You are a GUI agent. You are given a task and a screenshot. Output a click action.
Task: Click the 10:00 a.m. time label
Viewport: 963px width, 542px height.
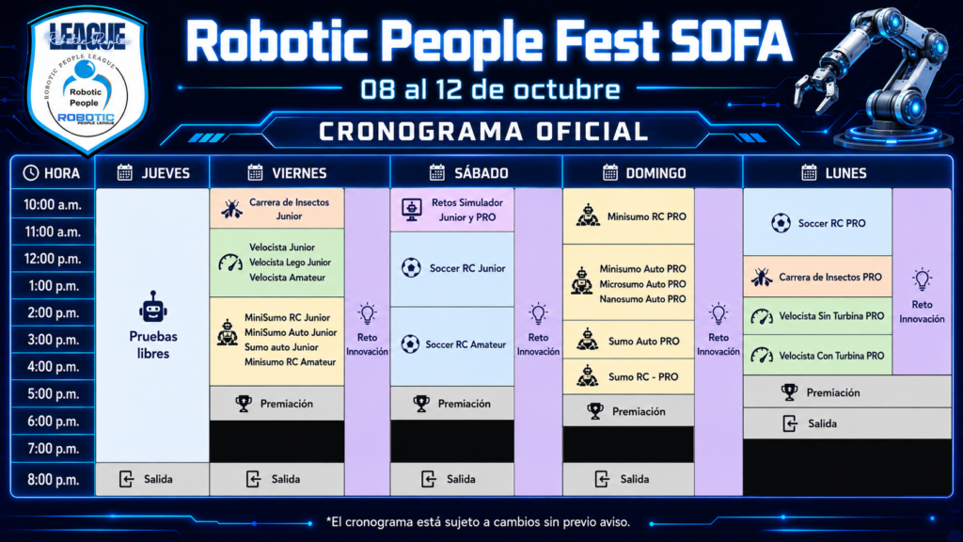click(53, 204)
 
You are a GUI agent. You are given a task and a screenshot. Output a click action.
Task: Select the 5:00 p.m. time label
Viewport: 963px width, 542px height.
click(53, 394)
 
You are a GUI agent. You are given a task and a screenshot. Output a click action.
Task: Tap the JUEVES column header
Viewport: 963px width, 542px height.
click(153, 173)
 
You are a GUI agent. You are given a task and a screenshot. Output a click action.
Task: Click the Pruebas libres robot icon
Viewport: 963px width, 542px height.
click(153, 307)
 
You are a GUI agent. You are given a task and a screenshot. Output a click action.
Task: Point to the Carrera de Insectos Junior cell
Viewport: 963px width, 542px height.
click(277, 209)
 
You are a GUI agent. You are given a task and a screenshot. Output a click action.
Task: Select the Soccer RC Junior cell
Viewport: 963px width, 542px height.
click(452, 268)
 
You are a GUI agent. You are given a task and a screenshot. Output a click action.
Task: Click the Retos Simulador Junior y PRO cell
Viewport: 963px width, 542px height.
click(452, 210)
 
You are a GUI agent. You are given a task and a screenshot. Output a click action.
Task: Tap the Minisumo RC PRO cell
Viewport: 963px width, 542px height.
click(628, 216)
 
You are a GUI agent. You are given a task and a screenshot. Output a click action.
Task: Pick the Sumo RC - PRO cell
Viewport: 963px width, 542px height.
click(628, 376)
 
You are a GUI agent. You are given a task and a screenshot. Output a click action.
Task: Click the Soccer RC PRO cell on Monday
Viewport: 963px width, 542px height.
click(817, 222)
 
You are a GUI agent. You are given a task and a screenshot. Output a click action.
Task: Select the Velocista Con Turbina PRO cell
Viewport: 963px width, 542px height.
click(817, 355)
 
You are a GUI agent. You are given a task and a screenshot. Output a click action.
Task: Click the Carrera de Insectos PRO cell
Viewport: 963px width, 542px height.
click(817, 278)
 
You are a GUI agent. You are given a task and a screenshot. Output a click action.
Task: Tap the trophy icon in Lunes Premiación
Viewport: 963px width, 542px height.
click(789, 392)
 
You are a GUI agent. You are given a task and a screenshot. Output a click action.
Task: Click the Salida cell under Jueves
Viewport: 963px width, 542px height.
click(152, 479)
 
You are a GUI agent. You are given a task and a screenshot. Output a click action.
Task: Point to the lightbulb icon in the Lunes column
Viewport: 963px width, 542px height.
click(922, 279)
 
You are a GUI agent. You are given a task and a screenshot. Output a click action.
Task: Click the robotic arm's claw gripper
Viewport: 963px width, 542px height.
click(816, 90)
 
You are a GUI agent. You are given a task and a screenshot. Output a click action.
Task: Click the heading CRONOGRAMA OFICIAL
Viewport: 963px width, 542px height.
click(483, 132)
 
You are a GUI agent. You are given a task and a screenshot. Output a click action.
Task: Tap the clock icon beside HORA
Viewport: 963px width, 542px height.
click(31, 173)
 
